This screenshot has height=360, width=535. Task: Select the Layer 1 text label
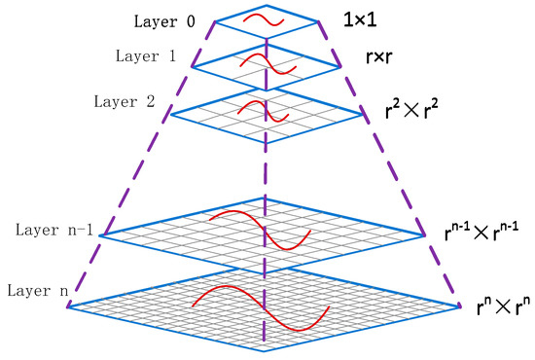point(144,56)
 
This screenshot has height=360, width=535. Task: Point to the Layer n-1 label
point(55,231)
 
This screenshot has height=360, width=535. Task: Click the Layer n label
point(35,290)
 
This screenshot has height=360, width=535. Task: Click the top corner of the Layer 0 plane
point(266,3)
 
